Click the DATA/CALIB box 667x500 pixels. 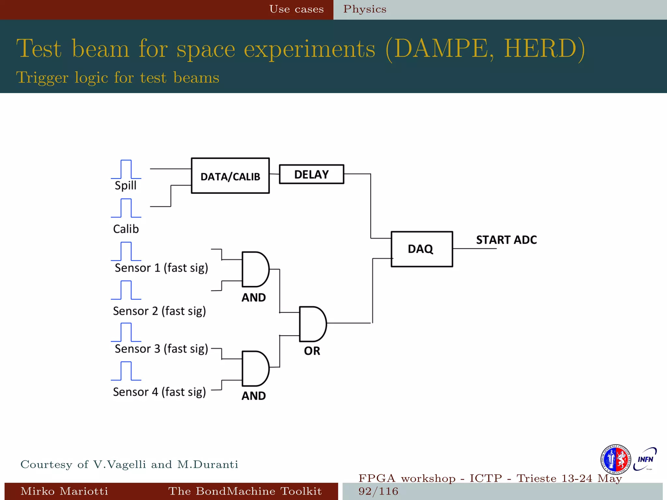click(x=230, y=176)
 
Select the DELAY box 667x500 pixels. click(x=311, y=174)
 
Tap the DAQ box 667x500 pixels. click(x=421, y=249)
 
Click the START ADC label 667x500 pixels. click(x=506, y=240)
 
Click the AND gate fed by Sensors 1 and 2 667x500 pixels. click(x=255, y=269)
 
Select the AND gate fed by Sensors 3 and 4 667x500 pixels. click(x=255, y=368)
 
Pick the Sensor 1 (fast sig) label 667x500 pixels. click(x=161, y=268)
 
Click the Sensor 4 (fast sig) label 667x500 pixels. click(x=159, y=392)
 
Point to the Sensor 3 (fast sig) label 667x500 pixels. click(x=161, y=349)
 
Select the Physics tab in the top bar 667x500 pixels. click(x=365, y=9)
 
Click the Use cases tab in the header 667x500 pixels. click(x=296, y=9)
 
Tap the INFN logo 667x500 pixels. click(x=645, y=459)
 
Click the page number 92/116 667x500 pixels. click(x=378, y=491)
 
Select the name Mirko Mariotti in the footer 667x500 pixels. click(x=64, y=491)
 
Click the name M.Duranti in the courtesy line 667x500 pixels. click(x=207, y=464)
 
